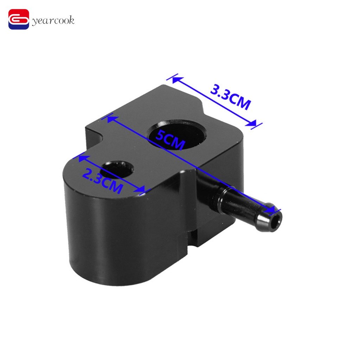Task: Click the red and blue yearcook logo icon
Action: click(19, 20)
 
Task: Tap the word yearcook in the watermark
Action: click(53, 21)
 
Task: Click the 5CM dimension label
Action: click(170, 139)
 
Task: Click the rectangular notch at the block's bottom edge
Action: click(193, 239)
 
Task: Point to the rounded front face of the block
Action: click(116, 229)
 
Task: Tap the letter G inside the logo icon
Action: click(19, 20)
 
